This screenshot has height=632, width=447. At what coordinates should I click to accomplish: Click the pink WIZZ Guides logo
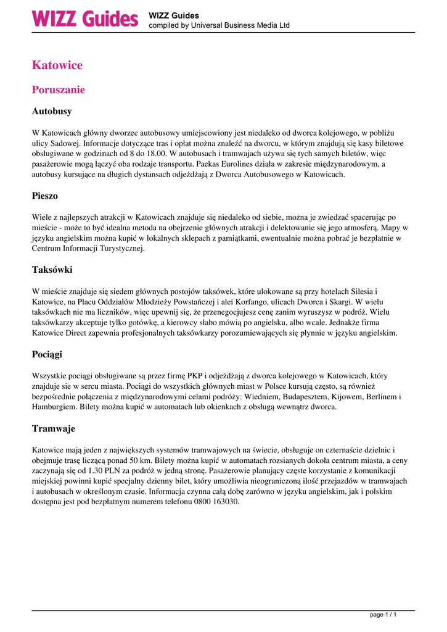pyautogui.click(x=85, y=19)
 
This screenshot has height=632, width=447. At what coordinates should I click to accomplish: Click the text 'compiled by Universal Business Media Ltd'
pyautogui.click(x=219, y=25)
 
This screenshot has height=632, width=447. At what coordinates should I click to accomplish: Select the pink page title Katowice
pyautogui.click(x=57, y=65)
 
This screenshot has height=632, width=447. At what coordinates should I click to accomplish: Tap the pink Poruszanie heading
pyautogui.click(x=58, y=90)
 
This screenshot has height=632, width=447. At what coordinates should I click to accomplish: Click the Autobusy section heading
pyautogui.click(x=52, y=112)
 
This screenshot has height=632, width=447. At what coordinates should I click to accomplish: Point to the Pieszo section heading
pyautogui.click(x=44, y=196)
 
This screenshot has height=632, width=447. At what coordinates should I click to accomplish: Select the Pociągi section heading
pyautogui.click(x=47, y=354)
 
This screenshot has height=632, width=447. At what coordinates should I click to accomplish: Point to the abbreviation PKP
pyautogui.click(x=194, y=375)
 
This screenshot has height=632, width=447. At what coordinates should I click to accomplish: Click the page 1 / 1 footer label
pyautogui.click(x=383, y=615)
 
